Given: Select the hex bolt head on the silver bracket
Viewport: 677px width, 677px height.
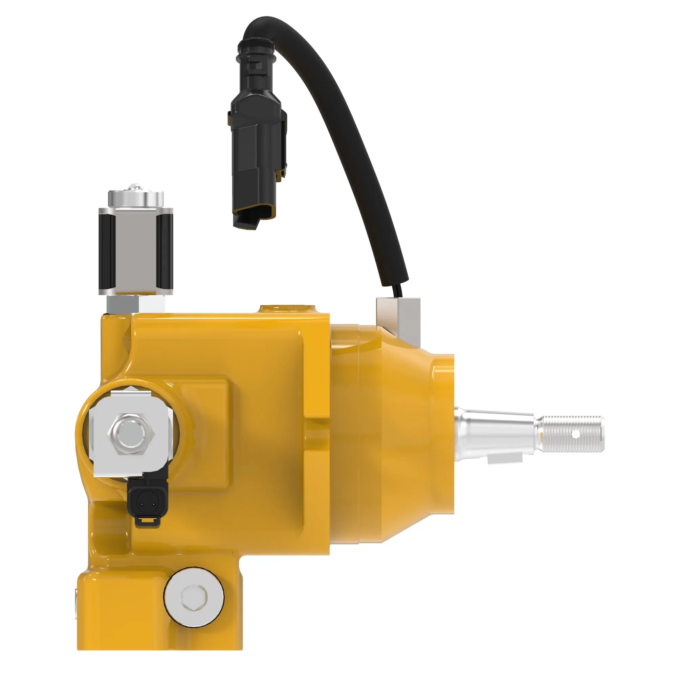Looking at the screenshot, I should point(132,434).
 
